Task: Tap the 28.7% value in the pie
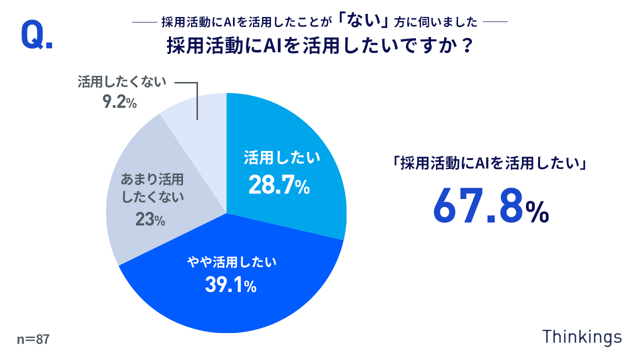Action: [x=279, y=186]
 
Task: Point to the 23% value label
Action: [x=150, y=219]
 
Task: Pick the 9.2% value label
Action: [x=119, y=102]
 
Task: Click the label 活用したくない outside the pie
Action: [x=121, y=82]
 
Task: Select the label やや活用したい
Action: [x=231, y=261]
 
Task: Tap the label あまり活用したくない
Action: [x=152, y=188]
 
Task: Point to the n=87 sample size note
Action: [x=33, y=339]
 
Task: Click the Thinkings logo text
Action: [x=582, y=336]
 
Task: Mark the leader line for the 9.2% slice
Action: [x=197, y=100]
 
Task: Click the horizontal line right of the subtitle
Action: [x=495, y=22]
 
